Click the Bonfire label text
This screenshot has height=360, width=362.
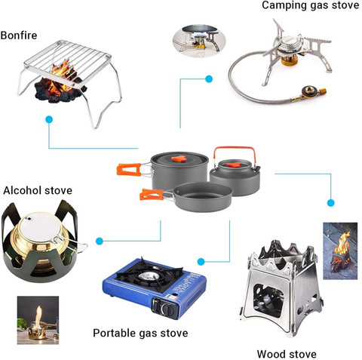coord(19,35)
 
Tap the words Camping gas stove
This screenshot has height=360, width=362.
coord(310,5)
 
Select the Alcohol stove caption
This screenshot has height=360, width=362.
coord(38,190)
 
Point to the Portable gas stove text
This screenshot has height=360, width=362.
coord(140,333)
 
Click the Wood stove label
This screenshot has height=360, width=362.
coord(287,354)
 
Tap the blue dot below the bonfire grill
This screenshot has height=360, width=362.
coord(49,119)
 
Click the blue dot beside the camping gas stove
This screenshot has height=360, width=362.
coord(209,79)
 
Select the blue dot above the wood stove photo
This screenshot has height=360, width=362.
coord(331,203)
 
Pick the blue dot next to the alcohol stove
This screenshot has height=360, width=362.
coord(100,242)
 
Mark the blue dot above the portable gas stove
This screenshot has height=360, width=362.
coord(201,262)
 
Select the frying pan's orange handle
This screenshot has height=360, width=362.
coord(152,195)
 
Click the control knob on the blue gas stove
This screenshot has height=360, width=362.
coord(167,309)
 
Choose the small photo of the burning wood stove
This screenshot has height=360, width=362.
coord(340,251)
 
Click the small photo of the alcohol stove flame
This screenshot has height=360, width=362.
coord(38,320)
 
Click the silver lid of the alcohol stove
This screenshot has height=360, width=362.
coord(40,227)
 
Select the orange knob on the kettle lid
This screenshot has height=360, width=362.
coord(234,165)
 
